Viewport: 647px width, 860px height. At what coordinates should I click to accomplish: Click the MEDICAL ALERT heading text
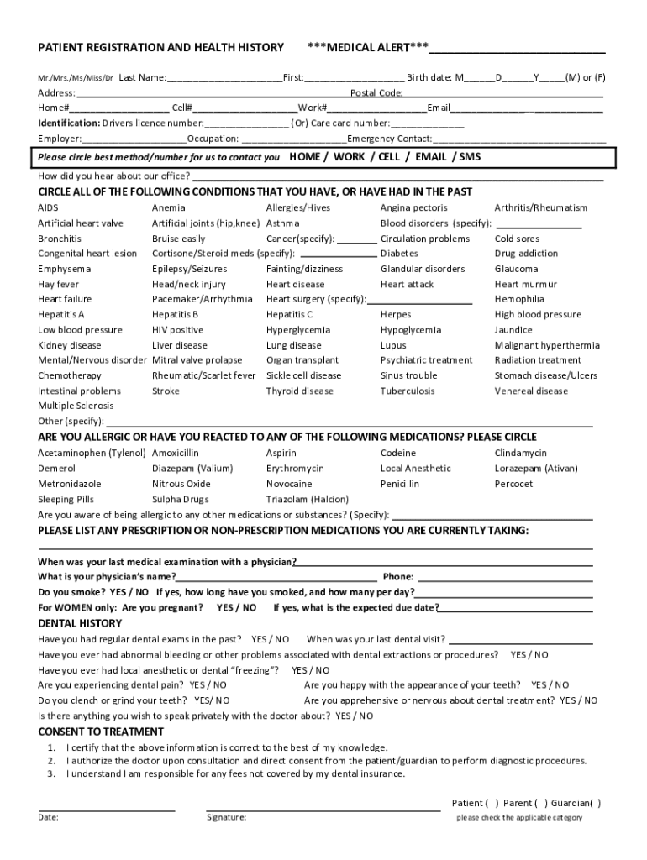click(x=368, y=47)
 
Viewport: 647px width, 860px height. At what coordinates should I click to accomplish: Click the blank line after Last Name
click(x=224, y=77)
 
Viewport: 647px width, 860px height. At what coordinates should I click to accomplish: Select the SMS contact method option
click(x=470, y=157)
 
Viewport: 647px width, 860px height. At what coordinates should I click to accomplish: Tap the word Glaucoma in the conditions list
click(x=516, y=269)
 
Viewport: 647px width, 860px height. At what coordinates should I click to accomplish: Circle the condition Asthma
click(x=282, y=223)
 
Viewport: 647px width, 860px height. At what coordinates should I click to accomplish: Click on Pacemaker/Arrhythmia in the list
click(x=202, y=299)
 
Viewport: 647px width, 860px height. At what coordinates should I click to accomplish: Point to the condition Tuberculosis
click(x=408, y=391)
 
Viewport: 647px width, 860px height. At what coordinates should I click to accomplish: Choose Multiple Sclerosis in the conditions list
click(x=76, y=406)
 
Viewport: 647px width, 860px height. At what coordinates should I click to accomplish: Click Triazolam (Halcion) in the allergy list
click(x=307, y=499)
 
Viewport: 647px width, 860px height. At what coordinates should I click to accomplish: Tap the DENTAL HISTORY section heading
click(x=80, y=623)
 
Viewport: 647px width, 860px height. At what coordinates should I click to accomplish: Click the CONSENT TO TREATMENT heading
click(x=101, y=732)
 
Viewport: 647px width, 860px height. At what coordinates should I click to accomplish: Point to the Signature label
click(x=227, y=817)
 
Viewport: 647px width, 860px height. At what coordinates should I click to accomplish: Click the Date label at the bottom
click(x=48, y=817)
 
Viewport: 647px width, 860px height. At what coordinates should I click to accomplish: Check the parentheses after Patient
click(x=492, y=803)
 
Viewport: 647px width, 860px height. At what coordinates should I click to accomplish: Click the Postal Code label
click(x=376, y=92)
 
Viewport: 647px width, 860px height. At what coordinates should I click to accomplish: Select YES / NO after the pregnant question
click(x=237, y=607)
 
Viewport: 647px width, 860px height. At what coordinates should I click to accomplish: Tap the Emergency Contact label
click(x=390, y=139)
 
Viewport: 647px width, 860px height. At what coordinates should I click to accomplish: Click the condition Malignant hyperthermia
click(x=547, y=345)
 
